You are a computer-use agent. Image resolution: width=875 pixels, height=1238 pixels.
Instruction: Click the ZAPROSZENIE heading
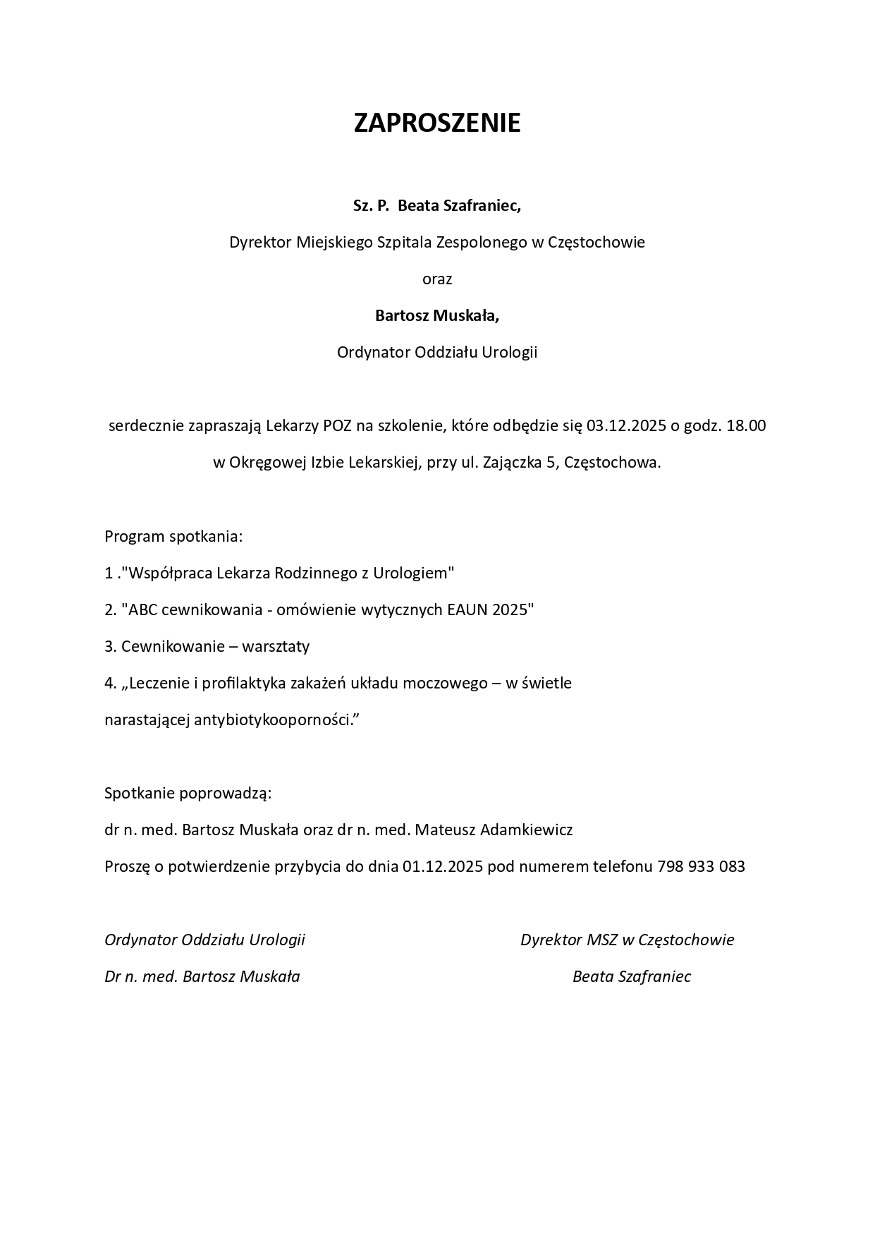[436, 123]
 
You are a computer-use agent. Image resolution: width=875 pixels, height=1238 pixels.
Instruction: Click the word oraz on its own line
[437, 279]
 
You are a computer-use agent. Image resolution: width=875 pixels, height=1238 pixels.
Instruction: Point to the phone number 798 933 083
[701, 866]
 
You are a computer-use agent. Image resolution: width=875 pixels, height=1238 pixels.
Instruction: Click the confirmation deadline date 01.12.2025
[443, 866]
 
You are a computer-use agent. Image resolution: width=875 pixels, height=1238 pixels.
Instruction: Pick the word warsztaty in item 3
[279, 646]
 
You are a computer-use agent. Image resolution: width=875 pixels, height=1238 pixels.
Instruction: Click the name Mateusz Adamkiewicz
[494, 830]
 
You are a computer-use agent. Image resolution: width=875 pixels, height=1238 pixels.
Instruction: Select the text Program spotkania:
[173, 536]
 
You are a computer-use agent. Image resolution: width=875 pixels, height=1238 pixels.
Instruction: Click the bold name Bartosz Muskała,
[437, 315]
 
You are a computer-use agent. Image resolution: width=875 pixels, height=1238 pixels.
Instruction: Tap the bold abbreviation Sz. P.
[371, 205]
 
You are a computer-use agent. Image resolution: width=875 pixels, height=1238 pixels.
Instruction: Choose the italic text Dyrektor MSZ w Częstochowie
[627, 940]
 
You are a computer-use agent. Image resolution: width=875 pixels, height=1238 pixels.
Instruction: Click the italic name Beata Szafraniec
[631, 976]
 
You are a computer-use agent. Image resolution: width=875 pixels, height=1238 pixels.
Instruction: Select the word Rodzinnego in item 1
[322, 573]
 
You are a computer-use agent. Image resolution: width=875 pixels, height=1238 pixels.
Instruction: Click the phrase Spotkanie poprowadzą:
[188, 793]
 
